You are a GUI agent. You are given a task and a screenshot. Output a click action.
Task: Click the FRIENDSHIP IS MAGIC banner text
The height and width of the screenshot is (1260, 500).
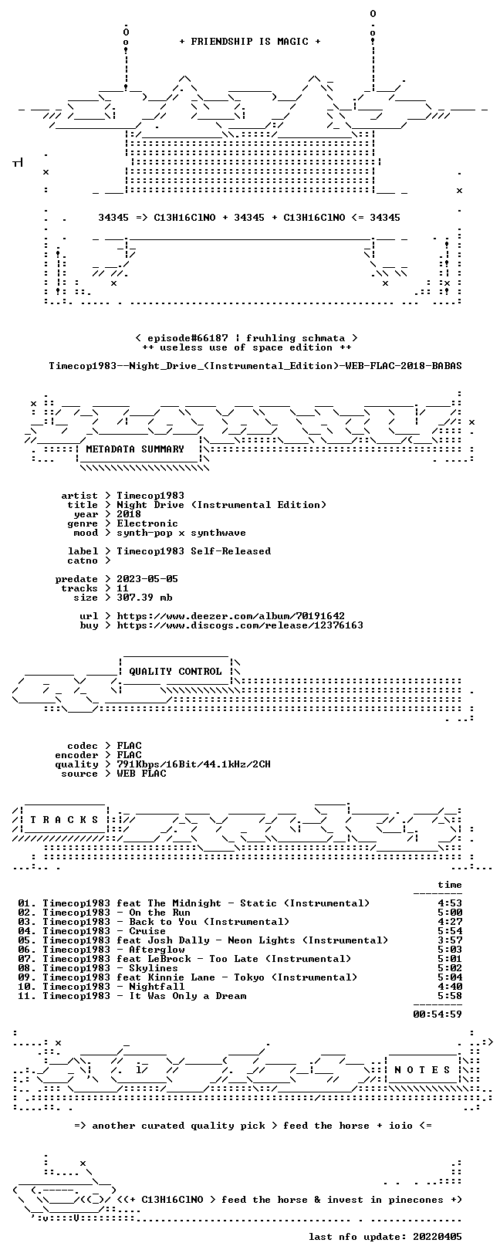pyautogui.click(x=250, y=42)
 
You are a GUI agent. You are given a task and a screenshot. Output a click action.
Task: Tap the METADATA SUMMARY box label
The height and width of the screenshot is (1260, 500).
pyautogui.click(x=135, y=449)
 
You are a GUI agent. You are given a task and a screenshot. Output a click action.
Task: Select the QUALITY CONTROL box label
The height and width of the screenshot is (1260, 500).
pyautogui.click(x=175, y=672)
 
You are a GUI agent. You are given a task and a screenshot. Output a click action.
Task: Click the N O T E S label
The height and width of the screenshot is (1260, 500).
pyautogui.click(x=422, y=1070)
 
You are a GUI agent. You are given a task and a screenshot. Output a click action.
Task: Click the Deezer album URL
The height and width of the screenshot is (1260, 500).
pyautogui.click(x=231, y=616)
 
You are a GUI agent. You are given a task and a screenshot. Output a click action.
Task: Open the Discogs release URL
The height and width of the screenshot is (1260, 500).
pyautogui.click(x=240, y=625)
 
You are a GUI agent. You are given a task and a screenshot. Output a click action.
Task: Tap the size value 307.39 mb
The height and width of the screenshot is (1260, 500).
pyautogui.click(x=144, y=598)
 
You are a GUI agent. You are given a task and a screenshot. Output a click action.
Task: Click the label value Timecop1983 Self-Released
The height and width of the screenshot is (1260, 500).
pyautogui.click(x=194, y=551)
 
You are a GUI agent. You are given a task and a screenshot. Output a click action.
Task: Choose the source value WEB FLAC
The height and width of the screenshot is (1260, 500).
pyautogui.click(x=141, y=774)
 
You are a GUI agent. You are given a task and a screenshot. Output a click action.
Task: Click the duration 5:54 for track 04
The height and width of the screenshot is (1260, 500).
pyautogui.click(x=450, y=931)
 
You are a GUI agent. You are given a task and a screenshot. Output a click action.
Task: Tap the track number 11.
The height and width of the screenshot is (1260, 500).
pyautogui.click(x=26, y=996)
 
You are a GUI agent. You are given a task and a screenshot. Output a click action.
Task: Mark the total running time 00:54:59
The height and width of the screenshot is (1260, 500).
pyautogui.click(x=437, y=1014)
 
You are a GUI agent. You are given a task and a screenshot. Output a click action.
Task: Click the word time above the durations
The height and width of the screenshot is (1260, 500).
pyautogui.click(x=450, y=885)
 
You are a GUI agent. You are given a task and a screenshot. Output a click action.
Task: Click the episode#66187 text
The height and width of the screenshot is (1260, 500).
pyautogui.click(x=187, y=338)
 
